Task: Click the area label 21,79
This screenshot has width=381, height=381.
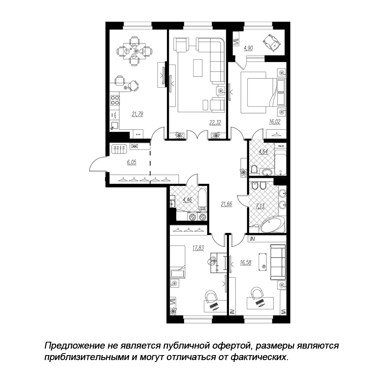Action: pos(137,114)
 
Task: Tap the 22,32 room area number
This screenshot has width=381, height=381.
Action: pos(215,122)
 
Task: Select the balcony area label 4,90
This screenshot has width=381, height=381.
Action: pos(248,48)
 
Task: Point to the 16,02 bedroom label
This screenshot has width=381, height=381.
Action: pos(275,122)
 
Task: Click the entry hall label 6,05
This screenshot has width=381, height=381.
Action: pos(131,162)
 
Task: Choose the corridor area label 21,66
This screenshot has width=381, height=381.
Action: pos(226,204)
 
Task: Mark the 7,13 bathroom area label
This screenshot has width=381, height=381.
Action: pos(260,206)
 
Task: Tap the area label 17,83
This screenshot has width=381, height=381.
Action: pos(198,248)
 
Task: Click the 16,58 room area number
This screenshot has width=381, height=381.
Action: pos(245,263)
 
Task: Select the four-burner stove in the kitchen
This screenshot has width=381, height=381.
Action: pos(115,100)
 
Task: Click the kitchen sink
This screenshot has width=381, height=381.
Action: pos(114,125)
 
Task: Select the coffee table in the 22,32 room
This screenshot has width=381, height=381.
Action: pos(198,68)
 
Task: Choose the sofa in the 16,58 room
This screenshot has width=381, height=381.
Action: pos(278,263)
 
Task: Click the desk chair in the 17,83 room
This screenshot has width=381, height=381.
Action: pos(211,296)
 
